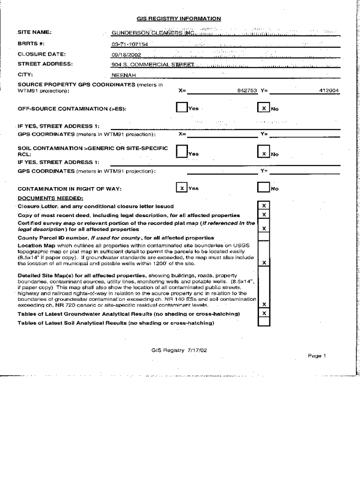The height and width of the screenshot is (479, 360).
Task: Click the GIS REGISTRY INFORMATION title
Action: click(179, 19)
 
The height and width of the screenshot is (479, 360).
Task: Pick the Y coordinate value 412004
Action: click(329, 91)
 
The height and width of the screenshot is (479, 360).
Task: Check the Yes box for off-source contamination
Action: click(181, 108)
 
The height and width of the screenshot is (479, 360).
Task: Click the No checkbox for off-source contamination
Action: click(264, 108)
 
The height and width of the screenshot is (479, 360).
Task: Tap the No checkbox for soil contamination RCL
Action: click(264, 153)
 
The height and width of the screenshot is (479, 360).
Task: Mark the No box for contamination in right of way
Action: click(264, 188)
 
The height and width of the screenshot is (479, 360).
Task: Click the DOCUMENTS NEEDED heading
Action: click(50, 197)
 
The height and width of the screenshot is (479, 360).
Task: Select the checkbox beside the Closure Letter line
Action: click(264, 206)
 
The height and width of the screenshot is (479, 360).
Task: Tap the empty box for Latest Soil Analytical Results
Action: click(264, 322)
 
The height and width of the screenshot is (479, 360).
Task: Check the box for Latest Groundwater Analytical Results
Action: click(264, 313)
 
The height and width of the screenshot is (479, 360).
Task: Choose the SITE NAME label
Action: click(34, 32)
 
